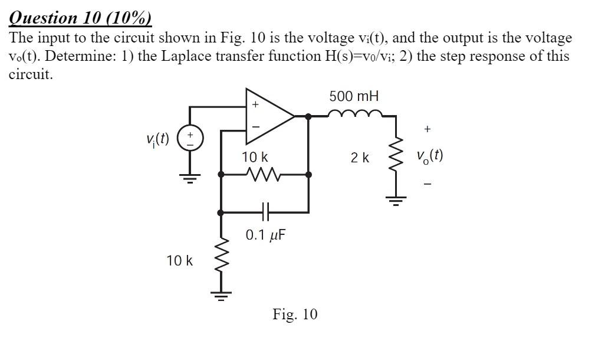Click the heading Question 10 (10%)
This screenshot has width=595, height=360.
point(80,18)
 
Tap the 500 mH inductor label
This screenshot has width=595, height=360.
point(354,96)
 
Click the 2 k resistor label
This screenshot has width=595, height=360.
point(360,158)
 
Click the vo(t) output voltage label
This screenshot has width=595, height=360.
point(429,156)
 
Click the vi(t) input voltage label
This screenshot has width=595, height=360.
point(157,139)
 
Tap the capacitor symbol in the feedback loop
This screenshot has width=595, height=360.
point(265,211)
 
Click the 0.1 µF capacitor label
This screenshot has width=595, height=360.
point(265,235)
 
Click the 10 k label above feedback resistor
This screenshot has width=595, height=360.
point(255,158)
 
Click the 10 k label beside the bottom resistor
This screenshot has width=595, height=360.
point(179,260)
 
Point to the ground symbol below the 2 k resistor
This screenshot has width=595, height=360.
point(396,203)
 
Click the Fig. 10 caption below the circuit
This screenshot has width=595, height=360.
point(294,314)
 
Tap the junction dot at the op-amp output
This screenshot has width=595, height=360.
point(308,116)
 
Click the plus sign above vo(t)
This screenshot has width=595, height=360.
point(428,129)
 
